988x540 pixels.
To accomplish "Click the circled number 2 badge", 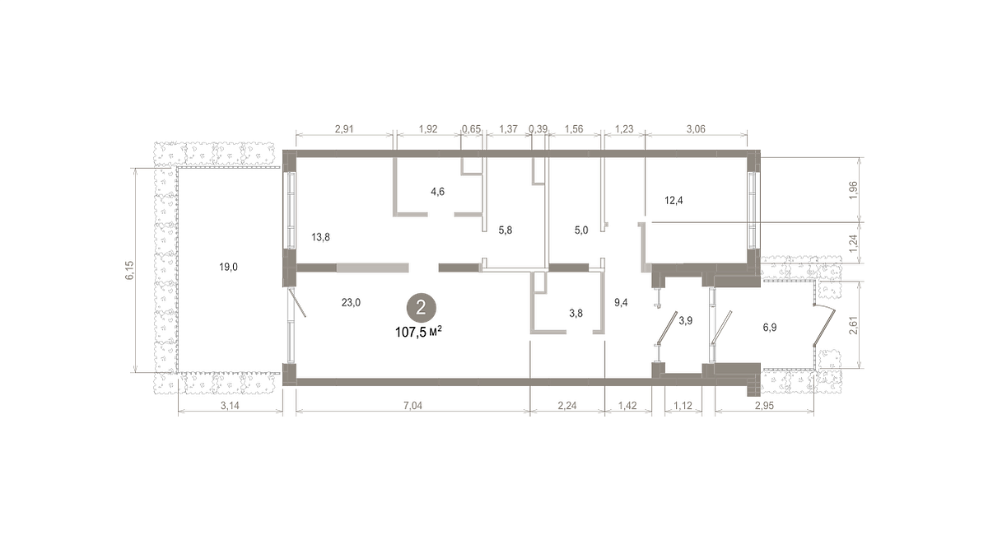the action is (422, 308).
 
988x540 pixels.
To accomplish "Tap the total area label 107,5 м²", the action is (418, 332).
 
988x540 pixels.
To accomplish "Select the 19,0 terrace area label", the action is (229, 267).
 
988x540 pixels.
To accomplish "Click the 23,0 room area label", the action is (351, 302).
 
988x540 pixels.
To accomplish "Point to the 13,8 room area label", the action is (320, 237).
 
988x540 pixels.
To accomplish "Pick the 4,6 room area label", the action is (437, 191).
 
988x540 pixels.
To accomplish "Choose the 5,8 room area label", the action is (506, 230).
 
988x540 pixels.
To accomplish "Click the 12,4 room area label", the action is (673, 201).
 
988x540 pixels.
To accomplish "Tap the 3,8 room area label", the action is (576, 313).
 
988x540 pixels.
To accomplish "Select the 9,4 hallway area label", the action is (621, 302).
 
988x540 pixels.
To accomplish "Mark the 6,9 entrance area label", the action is (770, 327).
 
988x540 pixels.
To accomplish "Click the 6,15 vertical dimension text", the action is (128, 270).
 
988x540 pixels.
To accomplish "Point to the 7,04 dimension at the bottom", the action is (412, 405).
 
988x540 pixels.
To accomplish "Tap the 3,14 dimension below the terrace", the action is (230, 405).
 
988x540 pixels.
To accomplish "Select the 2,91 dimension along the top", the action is (344, 128).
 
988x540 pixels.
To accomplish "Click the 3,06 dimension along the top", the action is (696, 128).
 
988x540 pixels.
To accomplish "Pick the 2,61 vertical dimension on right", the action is (854, 325).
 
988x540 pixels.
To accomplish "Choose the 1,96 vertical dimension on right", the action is (854, 190).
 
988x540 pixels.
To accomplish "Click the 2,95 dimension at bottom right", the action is (764, 405).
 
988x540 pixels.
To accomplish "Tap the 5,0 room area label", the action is (581, 230).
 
